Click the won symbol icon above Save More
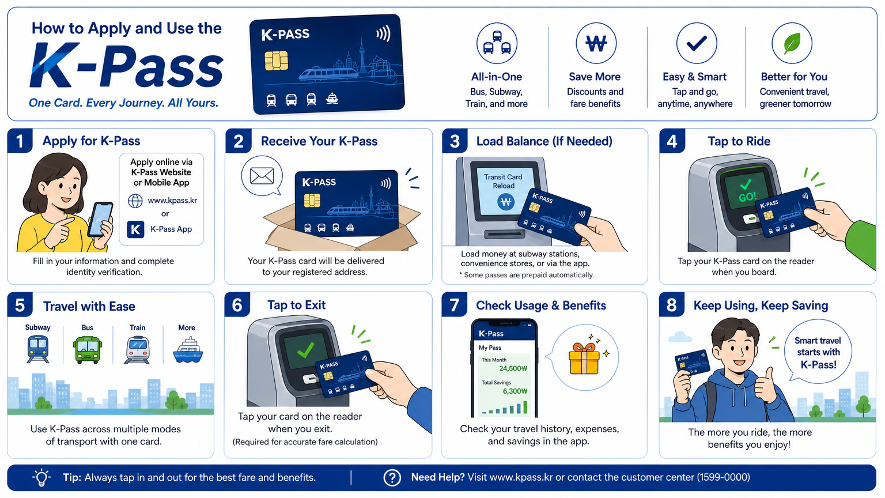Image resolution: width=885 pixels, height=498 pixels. click(x=596, y=43)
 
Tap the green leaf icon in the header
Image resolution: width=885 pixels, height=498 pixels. click(x=792, y=43)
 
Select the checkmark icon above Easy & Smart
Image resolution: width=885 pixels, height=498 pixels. click(x=697, y=43)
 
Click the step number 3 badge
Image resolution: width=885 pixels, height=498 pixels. click(x=455, y=141)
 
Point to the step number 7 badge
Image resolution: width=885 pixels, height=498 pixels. click(x=455, y=305)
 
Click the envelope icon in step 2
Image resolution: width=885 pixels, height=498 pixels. click(x=262, y=176)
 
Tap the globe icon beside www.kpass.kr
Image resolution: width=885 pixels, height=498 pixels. click(x=135, y=201)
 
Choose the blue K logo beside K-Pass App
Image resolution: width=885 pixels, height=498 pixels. click(x=135, y=229)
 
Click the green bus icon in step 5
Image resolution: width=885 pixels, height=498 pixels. click(x=88, y=349)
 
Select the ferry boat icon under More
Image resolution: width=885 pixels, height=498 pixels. click(x=188, y=350)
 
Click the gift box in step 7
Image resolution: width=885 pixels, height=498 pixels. click(x=584, y=359)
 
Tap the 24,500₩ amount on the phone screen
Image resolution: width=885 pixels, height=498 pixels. click(x=513, y=368)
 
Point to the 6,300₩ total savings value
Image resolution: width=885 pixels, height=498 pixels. click(x=515, y=391)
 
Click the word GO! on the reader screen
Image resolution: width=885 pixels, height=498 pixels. click(x=747, y=197)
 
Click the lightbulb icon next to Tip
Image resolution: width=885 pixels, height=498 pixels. click(x=41, y=477)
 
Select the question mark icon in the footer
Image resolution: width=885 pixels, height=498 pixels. click(x=392, y=477)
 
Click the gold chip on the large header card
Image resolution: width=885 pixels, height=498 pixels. click(x=276, y=61)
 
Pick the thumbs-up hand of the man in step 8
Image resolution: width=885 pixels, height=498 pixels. click(x=765, y=387)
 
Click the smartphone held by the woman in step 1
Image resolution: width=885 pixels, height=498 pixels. click(x=100, y=220)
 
